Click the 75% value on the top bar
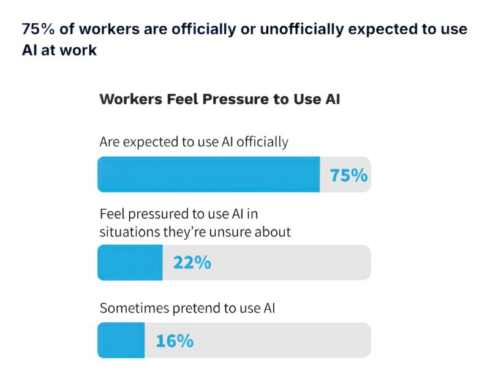coord(349,175)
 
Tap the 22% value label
coord(192,263)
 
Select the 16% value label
coord(175,341)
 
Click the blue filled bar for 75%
coord(208,175)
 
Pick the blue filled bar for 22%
coord(130,263)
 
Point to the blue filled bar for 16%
coord(121,341)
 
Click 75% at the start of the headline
coord(37,29)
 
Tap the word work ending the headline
coord(80,50)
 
